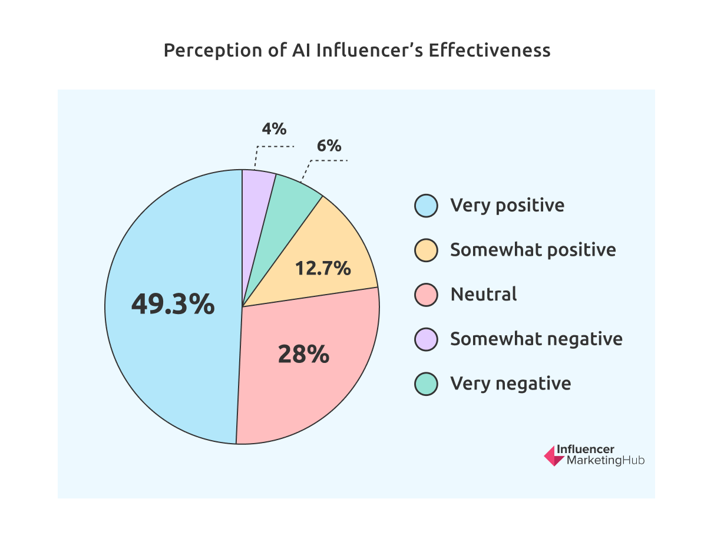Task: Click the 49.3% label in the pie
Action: pos(173,305)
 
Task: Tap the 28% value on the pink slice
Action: pos(303,355)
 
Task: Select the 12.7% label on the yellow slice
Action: pos(323,269)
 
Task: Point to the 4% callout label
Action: pos(274,128)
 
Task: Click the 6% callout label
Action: pos(329,146)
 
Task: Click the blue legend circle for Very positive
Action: pos(425,206)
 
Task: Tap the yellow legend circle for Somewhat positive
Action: pos(425,250)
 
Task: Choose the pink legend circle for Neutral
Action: pos(425,295)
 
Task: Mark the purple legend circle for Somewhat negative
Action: pos(425,339)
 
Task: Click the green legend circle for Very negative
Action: pos(425,384)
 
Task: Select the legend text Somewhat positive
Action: pos(533,250)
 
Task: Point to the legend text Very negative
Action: pos(510,384)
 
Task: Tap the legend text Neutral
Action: pos(483,295)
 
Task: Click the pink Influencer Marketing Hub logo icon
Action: pos(553,455)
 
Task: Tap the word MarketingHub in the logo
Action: pos(605,461)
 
